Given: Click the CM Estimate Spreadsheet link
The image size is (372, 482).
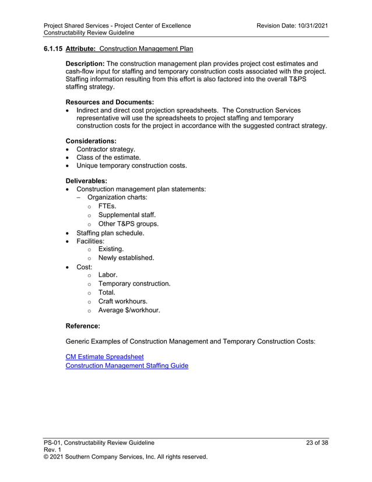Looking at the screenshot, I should click(x=104, y=357).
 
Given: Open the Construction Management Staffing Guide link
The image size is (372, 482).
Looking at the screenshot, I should click(x=127, y=366).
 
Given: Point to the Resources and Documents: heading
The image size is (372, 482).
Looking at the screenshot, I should click(x=110, y=102).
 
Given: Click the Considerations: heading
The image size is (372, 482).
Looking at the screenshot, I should click(x=91, y=141).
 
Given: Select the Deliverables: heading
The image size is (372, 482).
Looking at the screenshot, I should click(x=86, y=181).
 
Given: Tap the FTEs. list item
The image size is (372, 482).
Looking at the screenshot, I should click(x=107, y=206).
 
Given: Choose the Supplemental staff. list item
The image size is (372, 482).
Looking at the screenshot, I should click(x=127, y=215).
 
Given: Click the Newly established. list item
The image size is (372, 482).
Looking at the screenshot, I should click(x=126, y=257).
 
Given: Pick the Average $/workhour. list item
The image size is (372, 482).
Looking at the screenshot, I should click(x=129, y=310).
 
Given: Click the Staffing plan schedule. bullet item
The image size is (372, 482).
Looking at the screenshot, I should click(x=110, y=233).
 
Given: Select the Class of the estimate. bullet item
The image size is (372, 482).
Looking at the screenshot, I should click(x=108, y=157).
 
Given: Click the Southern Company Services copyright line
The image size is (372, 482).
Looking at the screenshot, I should click(x=125, y=457).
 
